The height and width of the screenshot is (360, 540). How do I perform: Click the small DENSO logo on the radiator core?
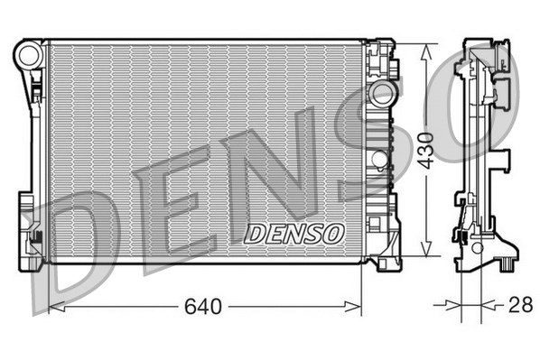coord(294,234)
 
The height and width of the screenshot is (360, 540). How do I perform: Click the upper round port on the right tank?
coord(383,96)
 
